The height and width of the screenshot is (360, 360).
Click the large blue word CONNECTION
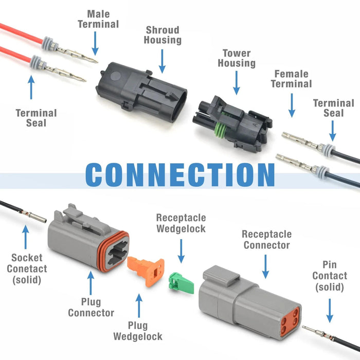tap(180, 175)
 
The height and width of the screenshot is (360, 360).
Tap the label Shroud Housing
tap(163, 35)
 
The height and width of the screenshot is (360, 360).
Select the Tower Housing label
tap(236, 58)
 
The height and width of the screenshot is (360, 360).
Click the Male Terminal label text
tap(98, 19)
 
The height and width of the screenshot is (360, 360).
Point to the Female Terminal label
tap(292, 79)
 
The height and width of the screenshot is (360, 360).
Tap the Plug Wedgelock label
tap(137, 331)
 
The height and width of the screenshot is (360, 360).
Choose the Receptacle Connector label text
tap(266, 240)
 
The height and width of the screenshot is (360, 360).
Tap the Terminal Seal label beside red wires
tap(36, 118)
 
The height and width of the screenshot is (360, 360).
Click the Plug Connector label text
tap(91, 307)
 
